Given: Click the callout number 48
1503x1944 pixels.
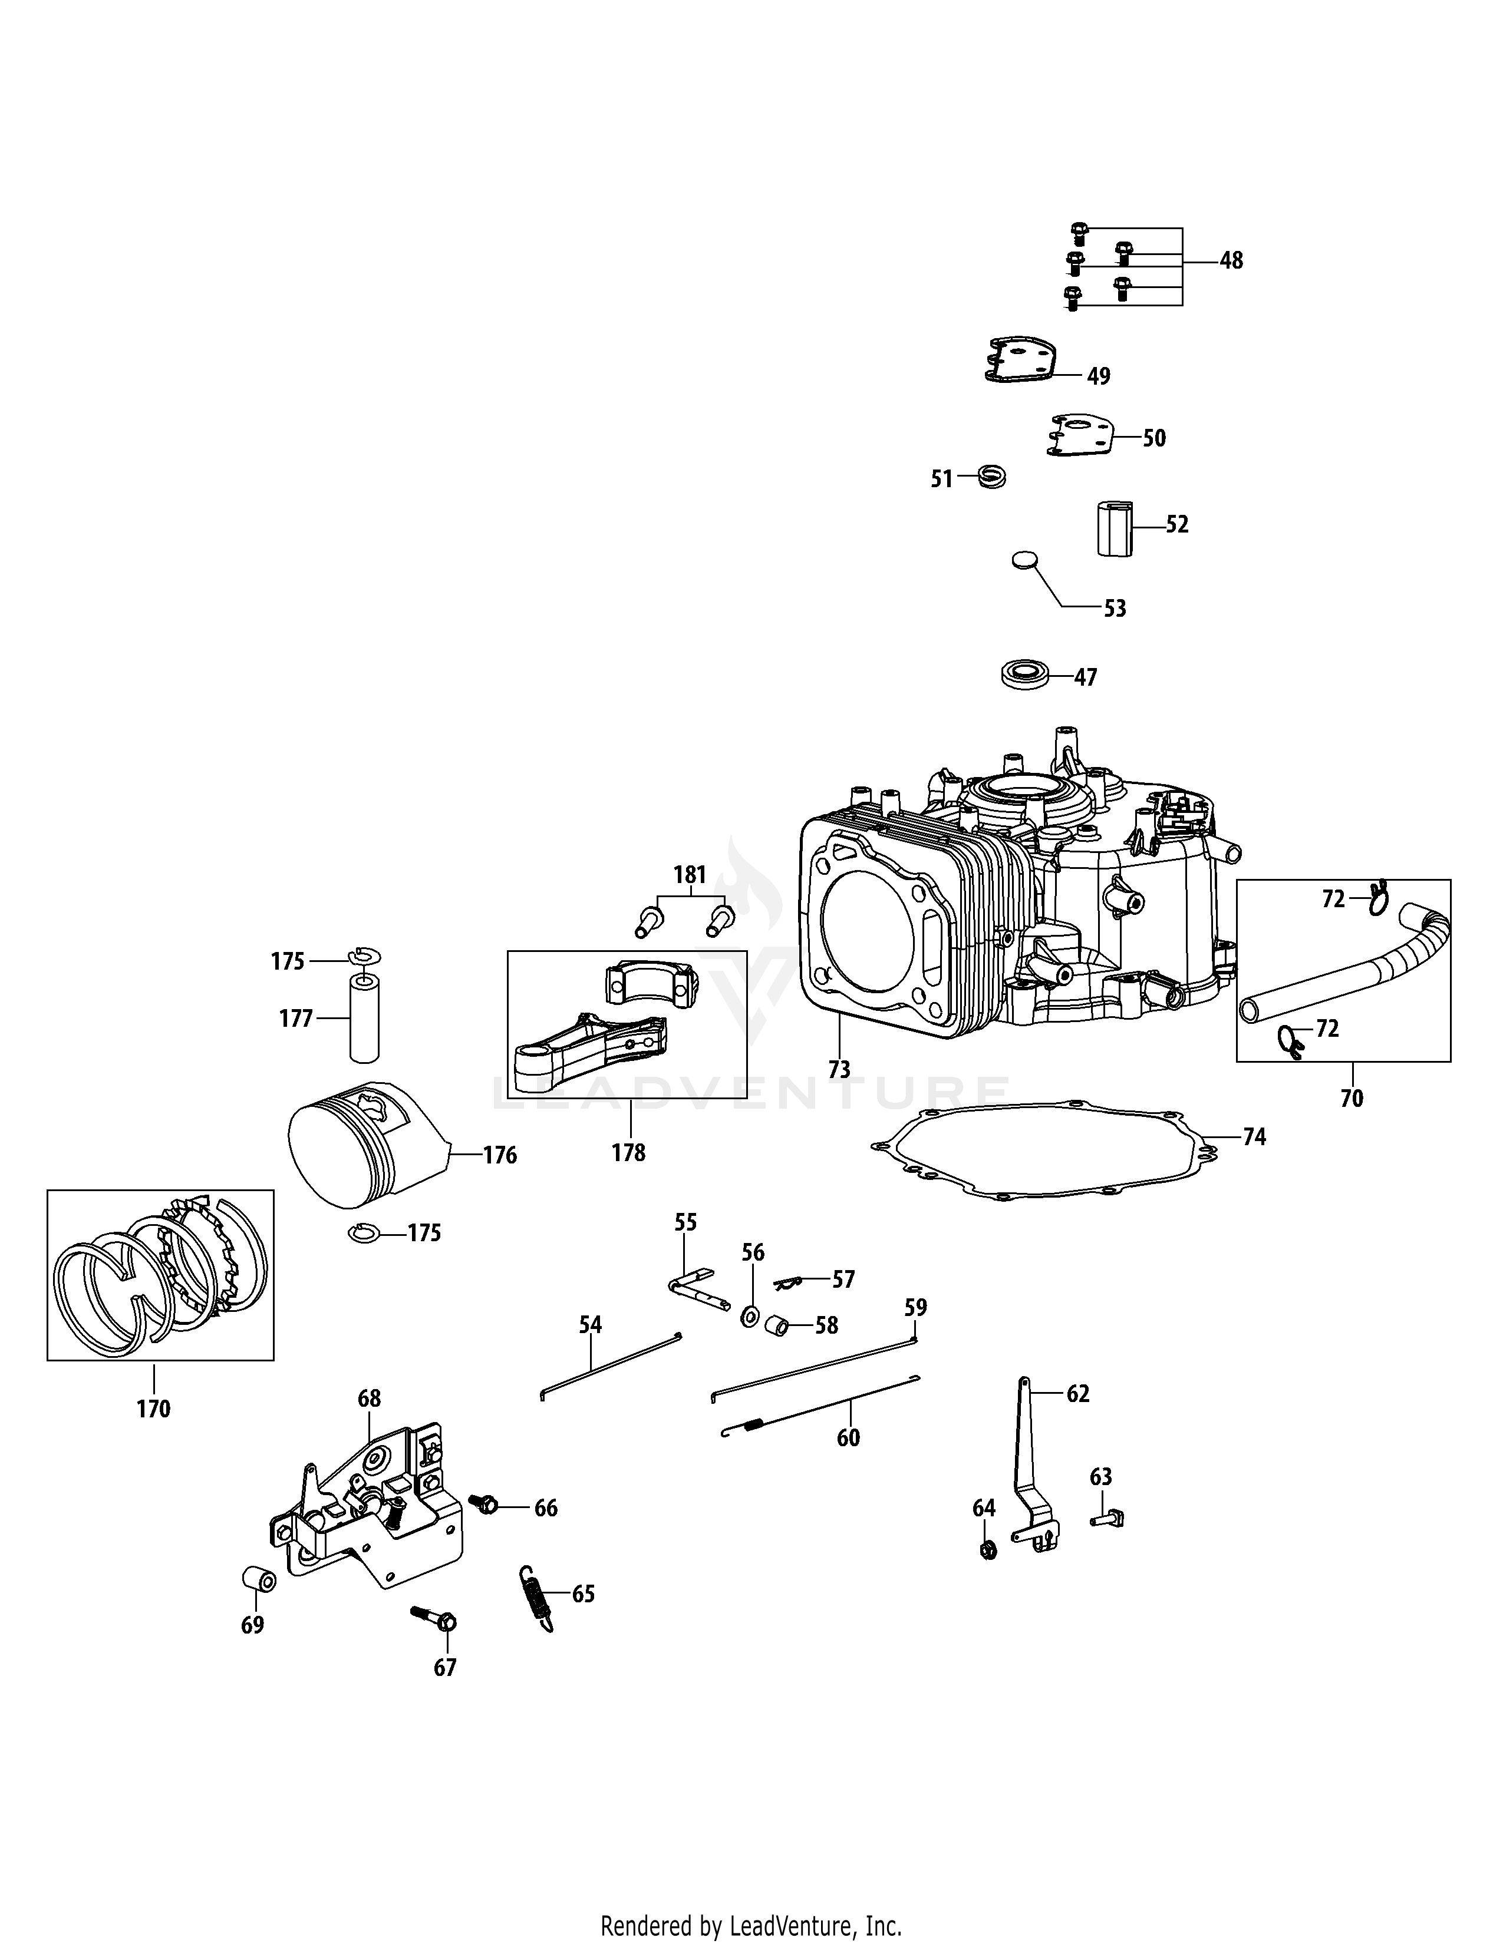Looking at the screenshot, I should point(1231,261).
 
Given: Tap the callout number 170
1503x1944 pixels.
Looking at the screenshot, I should point(153,1409).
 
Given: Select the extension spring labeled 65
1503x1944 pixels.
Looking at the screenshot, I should point(536,1598).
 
